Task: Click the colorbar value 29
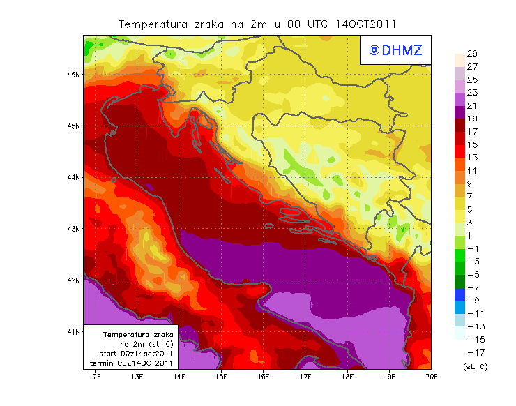click(x=471, y=54)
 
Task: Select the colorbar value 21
click(x=471, y=106)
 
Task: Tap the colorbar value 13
click(x=471, y=158)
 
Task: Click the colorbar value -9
click(x=471, y=301)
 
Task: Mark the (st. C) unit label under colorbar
click(x=475, y=366)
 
